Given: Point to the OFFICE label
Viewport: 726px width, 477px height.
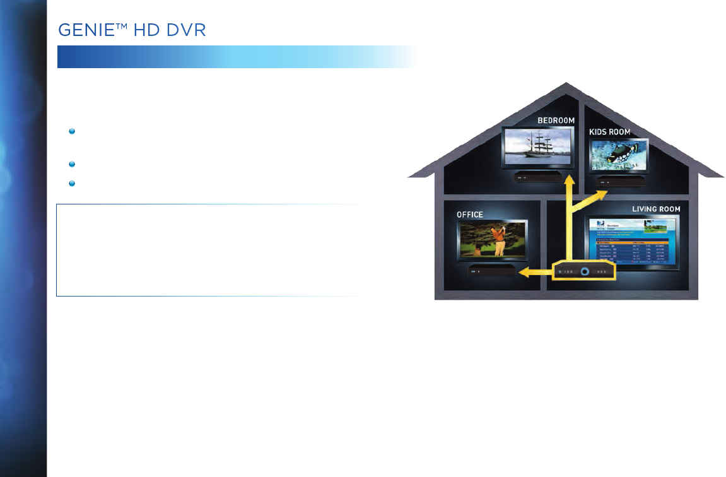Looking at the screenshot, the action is click(x=470, y=215).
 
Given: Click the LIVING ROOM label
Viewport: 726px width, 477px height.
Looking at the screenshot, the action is click(x=656, y=208).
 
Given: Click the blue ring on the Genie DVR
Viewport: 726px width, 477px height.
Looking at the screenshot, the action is click(x=585, y=271).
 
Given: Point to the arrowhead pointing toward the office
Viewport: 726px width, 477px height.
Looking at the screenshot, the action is click(x=524, y=272).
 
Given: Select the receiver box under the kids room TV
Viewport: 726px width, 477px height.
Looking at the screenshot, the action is click(x=622, y=183).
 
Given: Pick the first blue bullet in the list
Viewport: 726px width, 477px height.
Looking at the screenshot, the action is click(x=73, y=131).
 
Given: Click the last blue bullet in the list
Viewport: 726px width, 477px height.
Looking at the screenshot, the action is click(x=73, y=184).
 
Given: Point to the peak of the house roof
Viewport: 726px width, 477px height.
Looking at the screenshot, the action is click(x=566, y=85).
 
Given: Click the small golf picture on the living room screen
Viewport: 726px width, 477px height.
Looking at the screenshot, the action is click(x=658, y=227).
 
